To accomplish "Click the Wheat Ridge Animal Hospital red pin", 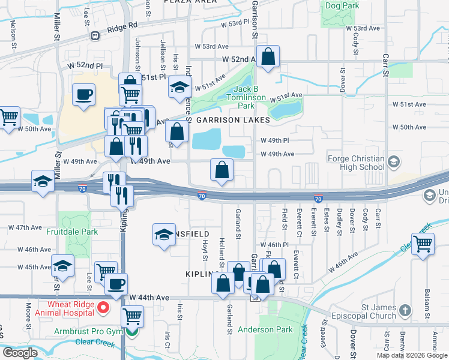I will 103,308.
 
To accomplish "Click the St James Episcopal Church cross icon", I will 405,310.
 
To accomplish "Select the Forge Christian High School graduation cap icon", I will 394,161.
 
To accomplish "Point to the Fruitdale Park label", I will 72,231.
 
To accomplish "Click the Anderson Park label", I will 265,329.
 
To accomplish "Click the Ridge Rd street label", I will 122,26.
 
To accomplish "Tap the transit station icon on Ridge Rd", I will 95,35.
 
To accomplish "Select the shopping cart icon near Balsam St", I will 423,244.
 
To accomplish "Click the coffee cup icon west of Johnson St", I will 83,94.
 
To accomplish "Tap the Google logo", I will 20,353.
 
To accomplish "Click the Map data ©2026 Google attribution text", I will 411,355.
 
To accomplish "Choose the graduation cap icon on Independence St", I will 179,87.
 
